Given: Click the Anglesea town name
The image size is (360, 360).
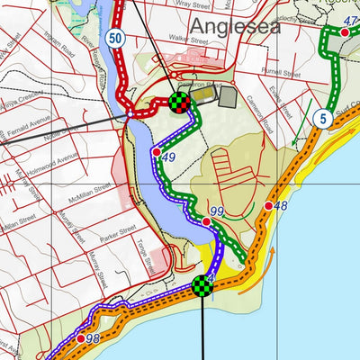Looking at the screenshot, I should (231, 26).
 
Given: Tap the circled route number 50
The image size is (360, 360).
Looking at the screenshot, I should (113, 38).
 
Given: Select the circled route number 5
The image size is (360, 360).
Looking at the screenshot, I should (321, 118).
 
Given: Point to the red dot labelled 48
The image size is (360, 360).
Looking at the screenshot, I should (268, 207).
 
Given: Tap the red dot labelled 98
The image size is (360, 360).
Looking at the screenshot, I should (80, 338).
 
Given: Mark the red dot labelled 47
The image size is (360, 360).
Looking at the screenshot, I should (345, 32).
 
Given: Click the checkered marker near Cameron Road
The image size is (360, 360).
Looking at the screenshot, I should (181, 103).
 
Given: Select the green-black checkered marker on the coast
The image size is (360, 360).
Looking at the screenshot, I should (202, 287).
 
